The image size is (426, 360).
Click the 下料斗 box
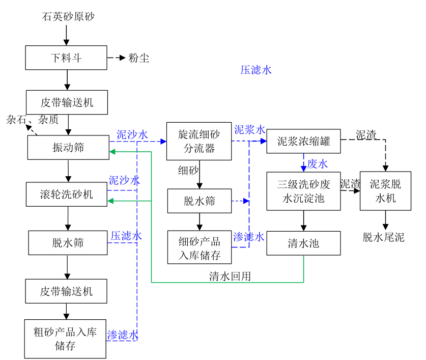pos(66,58)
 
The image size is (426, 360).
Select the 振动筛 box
pos(68,148)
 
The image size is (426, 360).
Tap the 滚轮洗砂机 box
pos(67,194)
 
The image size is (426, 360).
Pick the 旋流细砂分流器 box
pos(199,141)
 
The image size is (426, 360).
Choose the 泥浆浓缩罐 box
pos(304,141)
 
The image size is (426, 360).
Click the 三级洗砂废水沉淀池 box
pos(303,191)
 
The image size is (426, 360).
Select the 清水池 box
pos(303,243)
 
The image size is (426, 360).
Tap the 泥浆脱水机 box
pos(385,191)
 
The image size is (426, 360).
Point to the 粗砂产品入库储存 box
pos(65,339)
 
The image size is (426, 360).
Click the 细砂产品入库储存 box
pos(199,247)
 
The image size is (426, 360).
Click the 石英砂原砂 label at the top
pos(68,17)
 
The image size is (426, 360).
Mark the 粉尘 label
pos(139,58)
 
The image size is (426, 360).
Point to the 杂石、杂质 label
pos(32,120)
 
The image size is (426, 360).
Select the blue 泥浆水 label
pos(249,129)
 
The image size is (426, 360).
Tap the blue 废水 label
pos(318,164)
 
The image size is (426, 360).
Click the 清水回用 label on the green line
pos(230,276)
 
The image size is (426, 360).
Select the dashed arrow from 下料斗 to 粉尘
pos(117,58)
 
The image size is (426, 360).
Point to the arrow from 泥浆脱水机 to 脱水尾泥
pos(385,219)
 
